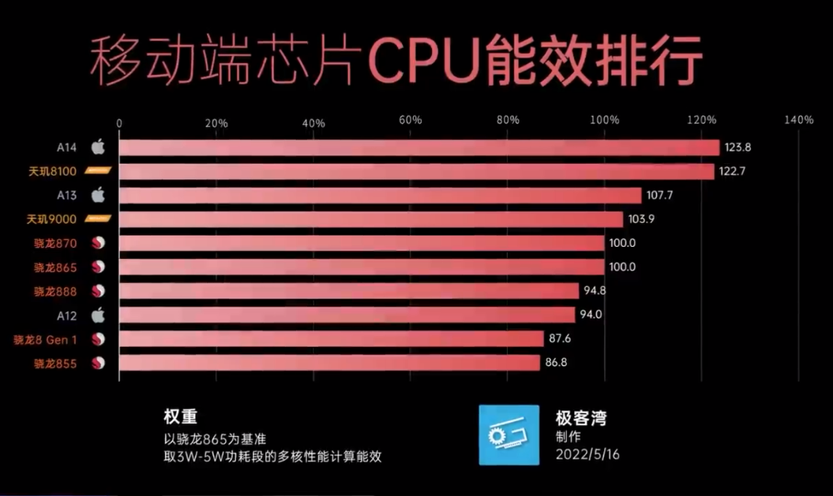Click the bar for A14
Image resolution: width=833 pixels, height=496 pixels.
tap(418, 147)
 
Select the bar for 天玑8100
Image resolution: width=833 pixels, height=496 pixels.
tap(416, 171)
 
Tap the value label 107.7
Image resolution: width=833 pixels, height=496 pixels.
tap(661, 195)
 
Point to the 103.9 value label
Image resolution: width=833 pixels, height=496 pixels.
tap(643, 219)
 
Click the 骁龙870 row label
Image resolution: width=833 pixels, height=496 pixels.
tap(55, 243)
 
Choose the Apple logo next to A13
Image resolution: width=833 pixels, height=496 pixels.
tap(98, 195)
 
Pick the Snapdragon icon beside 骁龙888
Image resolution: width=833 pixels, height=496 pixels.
tap(99, 291)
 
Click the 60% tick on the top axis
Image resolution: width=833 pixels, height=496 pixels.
tap(411, 121)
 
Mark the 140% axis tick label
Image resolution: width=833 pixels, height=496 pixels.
tap(799, 121)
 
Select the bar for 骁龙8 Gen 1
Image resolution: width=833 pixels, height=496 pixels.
tap(332, 339)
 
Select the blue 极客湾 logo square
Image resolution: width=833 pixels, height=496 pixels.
tap(509, 434)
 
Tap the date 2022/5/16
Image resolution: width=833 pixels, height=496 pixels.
tap(587, 455)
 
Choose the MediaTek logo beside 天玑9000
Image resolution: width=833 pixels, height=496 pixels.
tap(98, 219)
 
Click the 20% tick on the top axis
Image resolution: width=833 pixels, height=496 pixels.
tap(216, 121)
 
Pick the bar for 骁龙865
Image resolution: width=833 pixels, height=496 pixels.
tap(362, 267)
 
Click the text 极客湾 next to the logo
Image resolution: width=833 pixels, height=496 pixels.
tap(581, 419)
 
